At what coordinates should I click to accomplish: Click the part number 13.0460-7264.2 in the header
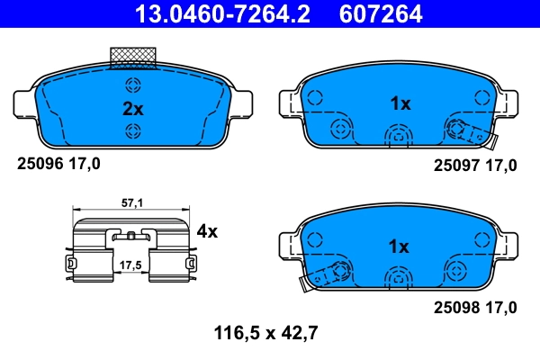coord(222,14)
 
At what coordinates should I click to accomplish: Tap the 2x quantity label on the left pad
coord(132,109)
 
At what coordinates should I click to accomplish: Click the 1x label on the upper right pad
coord(400,103)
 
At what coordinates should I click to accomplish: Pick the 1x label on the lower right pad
coord(400,246)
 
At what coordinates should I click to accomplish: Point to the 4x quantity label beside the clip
coord(207,231)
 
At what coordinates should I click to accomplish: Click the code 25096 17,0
coord(59,164)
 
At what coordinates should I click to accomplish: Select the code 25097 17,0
coord(475,164)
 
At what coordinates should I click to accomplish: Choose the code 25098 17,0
coord(475,308)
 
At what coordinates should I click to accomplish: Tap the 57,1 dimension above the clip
coord(132,204)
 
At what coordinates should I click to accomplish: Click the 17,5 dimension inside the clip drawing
coord(132,265)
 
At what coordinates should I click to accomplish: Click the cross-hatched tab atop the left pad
coord(132,57)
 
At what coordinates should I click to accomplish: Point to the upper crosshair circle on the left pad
coord(133,86)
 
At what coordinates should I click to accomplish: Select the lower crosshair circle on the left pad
coord(133,132)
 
